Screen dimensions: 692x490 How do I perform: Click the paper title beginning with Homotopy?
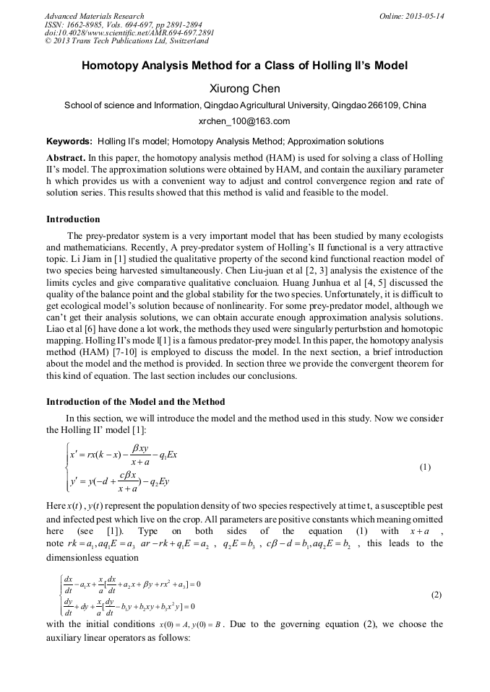244,66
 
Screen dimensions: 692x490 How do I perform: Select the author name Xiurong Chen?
244,89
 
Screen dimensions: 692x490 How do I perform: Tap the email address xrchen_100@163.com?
244,121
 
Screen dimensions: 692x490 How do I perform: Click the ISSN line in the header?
125,25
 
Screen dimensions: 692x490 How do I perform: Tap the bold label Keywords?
69,141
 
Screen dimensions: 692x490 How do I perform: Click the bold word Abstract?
66,157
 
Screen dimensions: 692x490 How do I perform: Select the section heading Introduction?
73,219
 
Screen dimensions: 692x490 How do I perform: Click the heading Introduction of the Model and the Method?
135,401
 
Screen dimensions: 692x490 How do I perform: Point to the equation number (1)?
425,466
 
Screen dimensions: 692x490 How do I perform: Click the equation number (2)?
436,595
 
